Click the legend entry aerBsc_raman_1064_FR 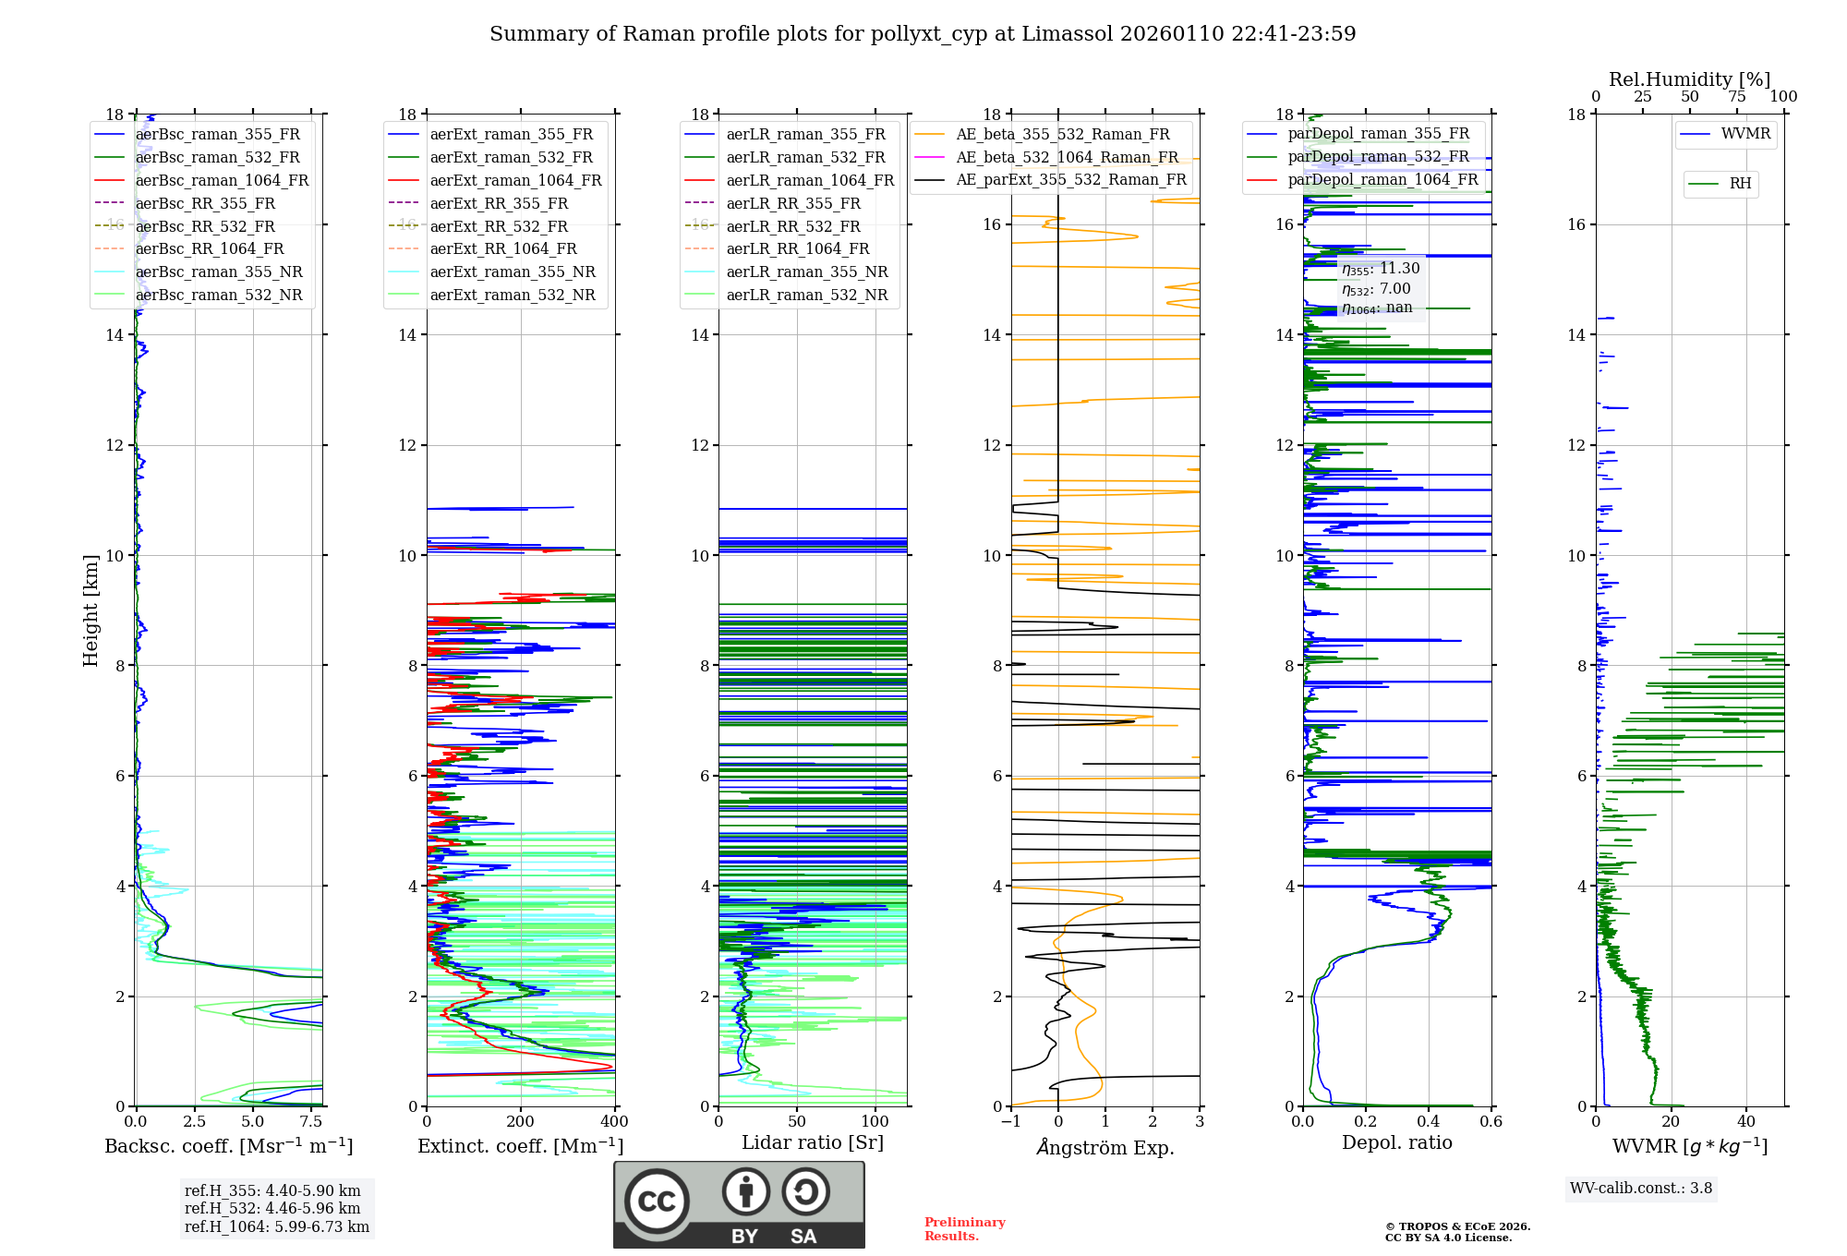tap(222, 180)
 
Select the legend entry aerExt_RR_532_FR tap(499, 226)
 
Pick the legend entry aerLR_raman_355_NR tap(806, 272)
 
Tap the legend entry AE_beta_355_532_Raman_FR tap(1062, 135)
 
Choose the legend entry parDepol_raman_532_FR tap(1378, 157)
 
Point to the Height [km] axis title tap(91, 610)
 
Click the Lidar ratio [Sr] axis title tap(813, 1142)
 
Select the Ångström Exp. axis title tap(1105, 1147)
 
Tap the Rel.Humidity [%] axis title tap(1689, 79)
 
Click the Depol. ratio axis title tap(1396, 1142)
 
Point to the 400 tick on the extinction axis tap(614, 1122)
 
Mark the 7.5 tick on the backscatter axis tap(311, 1122)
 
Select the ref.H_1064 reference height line tap(276, 1226)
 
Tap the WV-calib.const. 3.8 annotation tap(1641, 1188)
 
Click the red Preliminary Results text tap(964, 1228)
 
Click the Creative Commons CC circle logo tap(657, 1202)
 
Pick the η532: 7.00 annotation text tap(1376, 289)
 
